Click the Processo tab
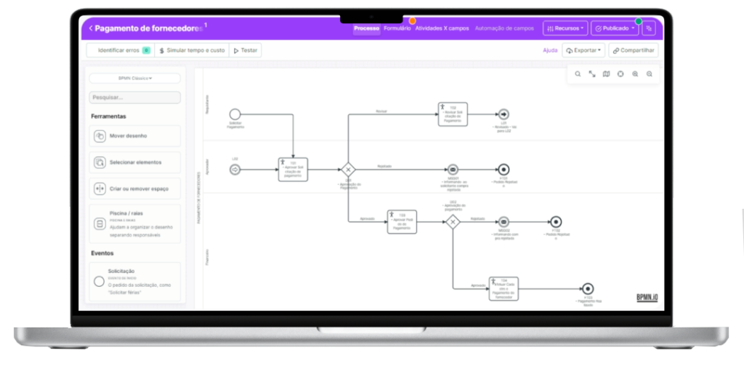[367, 28]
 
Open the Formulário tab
[397, 28]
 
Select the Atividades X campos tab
[442, 28]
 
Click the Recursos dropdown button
[565, 28]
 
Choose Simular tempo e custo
[191, 50]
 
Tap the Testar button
[245, 50]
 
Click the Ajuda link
[550, 50]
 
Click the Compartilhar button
[634, 50]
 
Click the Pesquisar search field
[134, 97]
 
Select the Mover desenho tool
[134, 136]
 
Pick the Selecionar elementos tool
[134, 162]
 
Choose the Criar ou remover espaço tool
[134, 188]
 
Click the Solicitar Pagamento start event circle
[235, 114]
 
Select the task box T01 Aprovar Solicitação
[294, 170]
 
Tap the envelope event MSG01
[453, 170]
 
